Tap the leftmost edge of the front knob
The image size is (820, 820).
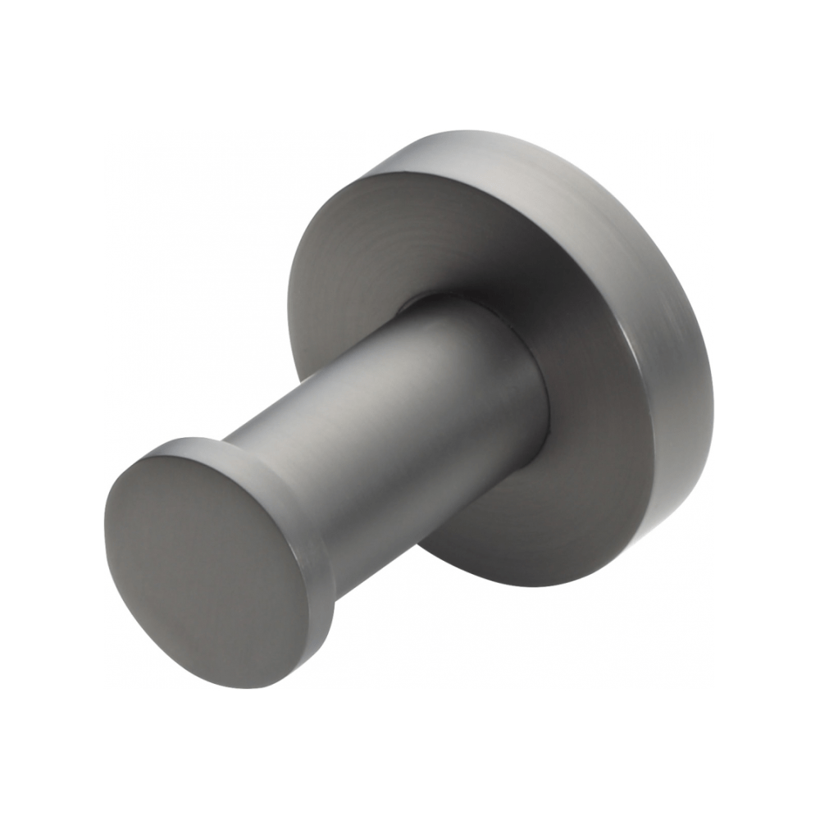[107, 525]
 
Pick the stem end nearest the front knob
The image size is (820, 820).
[262, 459]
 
